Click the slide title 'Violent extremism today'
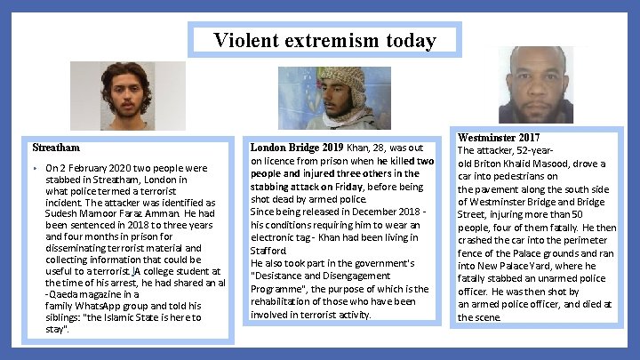tap(324, 41)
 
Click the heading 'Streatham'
tap(56, 148)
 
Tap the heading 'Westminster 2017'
tap(499, 138)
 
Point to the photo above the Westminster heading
tap(537, 85)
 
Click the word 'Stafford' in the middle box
tap(268, 251)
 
